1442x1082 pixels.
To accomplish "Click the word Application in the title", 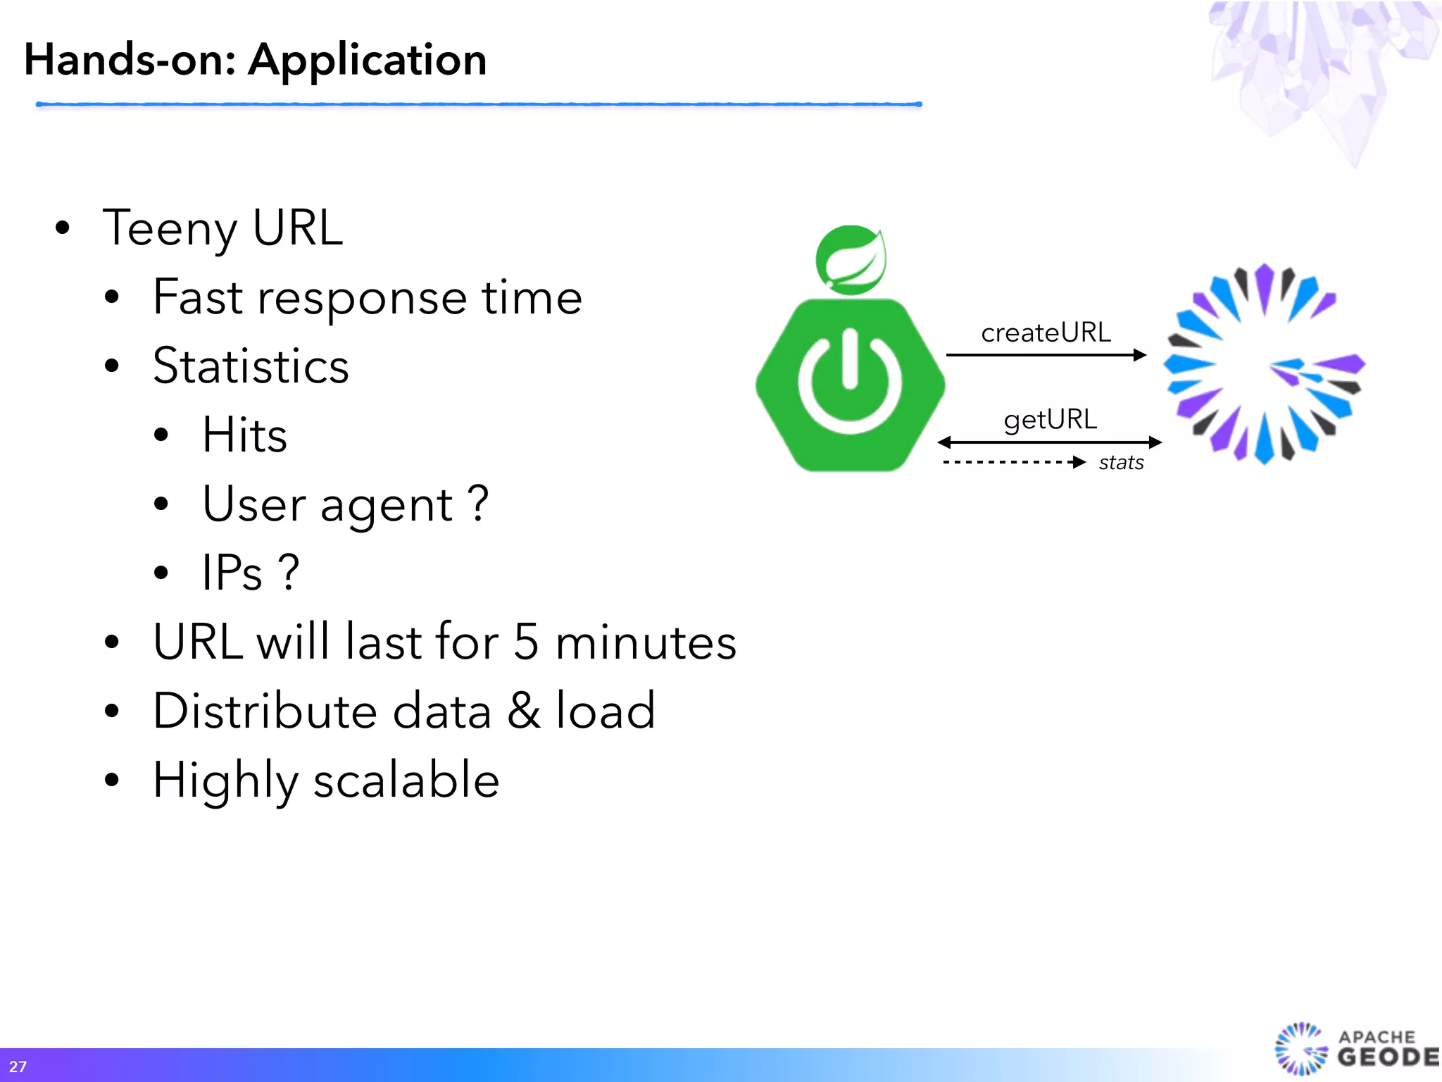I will point(367,61).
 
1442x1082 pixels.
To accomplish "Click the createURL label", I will point(1046,332).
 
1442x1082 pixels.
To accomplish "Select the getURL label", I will point(1050,420).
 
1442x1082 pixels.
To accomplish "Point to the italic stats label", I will point(1121,463).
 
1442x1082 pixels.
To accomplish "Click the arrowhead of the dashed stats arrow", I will point(1078,463).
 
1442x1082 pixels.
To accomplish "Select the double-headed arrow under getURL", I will point(1049,442).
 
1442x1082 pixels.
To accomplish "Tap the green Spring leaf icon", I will point(851,260).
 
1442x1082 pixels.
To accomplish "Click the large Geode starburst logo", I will point(1264,364).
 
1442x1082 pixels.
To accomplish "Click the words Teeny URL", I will point(222,228).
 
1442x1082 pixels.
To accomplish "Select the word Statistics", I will point(251,366).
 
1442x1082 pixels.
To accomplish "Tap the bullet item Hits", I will point(244,435).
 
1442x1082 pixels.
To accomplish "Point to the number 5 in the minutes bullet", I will point(526,642).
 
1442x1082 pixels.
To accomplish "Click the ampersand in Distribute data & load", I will point(524,710).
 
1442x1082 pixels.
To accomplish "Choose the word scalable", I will point(406,780).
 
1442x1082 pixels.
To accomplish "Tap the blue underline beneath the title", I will point(479,104).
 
